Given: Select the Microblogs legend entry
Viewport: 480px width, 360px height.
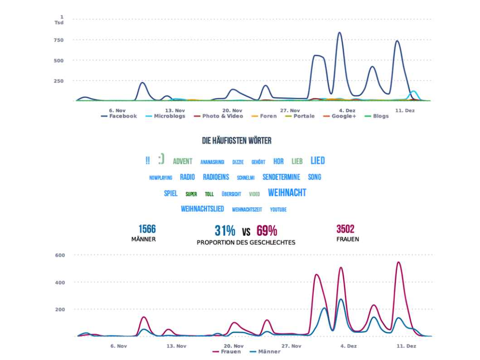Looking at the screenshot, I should [x=166, y=116].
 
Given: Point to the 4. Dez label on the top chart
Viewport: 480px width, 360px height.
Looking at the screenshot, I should [x=347, y=110].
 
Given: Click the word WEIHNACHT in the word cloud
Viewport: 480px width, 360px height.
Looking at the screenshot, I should [x=287, y=193].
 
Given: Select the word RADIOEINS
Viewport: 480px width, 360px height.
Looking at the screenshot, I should [x=216, y=177].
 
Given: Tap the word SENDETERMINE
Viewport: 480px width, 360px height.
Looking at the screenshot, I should [x=281, y=177].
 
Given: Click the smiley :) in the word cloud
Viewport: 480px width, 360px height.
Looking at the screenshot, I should [x=161, y=159].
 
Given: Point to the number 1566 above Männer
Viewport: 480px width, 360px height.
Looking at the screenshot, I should [x=147, y=229].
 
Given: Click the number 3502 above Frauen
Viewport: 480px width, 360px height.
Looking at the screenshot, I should [x=345, y=229].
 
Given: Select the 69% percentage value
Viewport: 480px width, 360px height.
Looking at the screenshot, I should [x=267, y=231].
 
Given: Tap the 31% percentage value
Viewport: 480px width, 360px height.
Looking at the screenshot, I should [x=225, y=231].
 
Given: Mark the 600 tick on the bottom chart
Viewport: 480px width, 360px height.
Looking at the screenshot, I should [x=60, y=255].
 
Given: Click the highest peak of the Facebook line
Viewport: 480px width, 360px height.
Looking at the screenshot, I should [x=339, y=33].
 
